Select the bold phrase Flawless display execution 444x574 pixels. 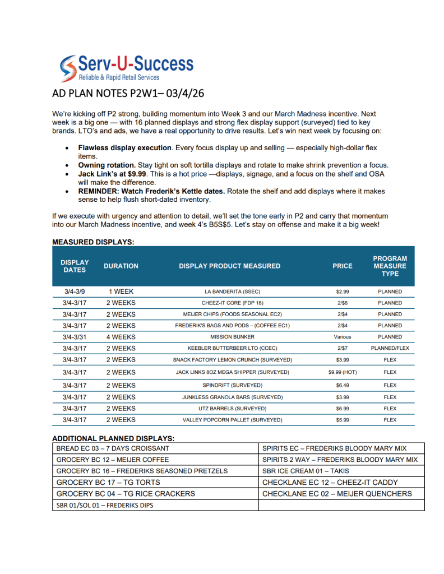coord(124,147)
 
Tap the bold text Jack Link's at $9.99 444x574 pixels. coord(112,174)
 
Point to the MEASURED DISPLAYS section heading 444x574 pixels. coord(93,242)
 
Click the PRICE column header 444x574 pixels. coord(342,266)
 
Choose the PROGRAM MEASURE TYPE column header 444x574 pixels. coord(390,266)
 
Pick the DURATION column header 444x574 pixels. coord(121,266)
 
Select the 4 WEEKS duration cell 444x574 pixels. coord(121,337)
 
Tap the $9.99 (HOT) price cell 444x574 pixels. coord(342,372)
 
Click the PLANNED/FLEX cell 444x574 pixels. coord(390,348)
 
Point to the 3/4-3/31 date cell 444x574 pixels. coord(75,337)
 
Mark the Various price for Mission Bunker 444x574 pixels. coord(342,337)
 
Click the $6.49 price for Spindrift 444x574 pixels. coord(342,386)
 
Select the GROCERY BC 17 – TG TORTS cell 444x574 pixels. coord(108,482)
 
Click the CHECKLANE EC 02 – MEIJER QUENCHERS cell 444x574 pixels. coord(337,494)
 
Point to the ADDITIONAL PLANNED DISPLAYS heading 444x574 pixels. coord(113,438)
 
